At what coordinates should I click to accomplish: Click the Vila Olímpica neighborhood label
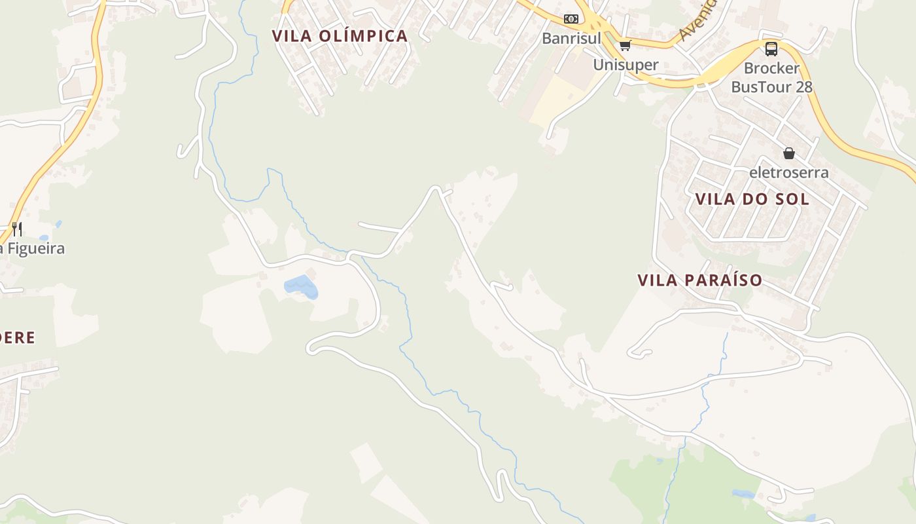click(x=340, y=36)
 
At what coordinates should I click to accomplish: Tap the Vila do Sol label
click(x=752, y=199)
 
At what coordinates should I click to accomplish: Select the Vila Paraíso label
click(x=699, y=280)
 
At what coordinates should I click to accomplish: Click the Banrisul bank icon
click(x=571, y=19)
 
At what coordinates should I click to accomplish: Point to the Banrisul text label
click(x=571, y=38)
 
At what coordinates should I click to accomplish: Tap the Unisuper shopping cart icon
click(x=625, y=45)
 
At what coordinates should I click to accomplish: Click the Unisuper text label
click(x=625, y=64)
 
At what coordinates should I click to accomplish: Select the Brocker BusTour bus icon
click(x=771, y=48)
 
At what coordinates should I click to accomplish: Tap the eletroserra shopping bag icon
click(x=789, y=153)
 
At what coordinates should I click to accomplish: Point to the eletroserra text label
click(x=789, y=172)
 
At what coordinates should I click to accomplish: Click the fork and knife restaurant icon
click(x=17, y=229)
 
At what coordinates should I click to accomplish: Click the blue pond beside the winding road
click(x=300, y=286)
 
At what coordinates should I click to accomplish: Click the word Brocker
click(x=771, y=68)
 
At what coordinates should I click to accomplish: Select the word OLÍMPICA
click(x=364, y=36)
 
